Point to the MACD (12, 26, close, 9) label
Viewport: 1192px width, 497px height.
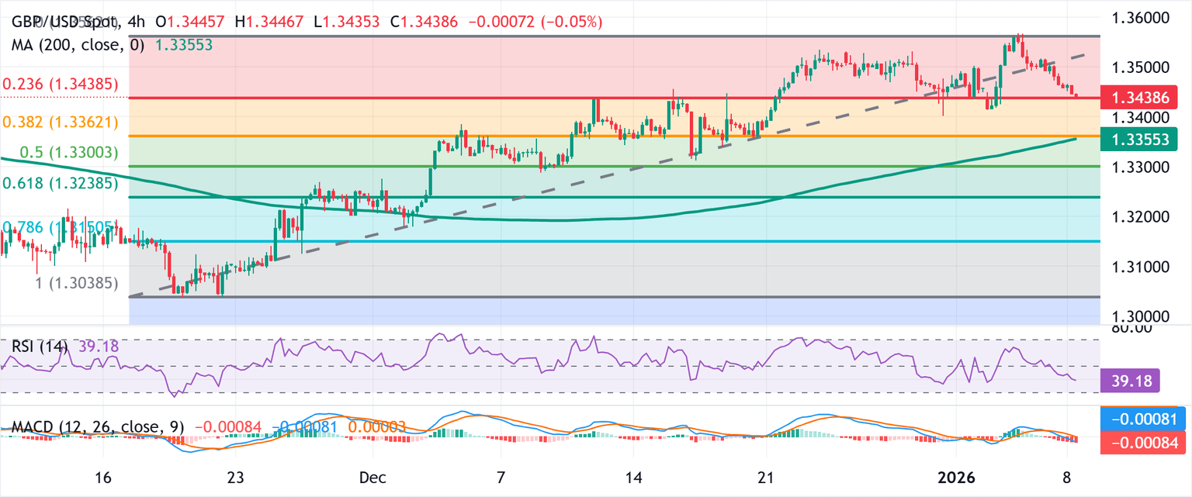point(96,427)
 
